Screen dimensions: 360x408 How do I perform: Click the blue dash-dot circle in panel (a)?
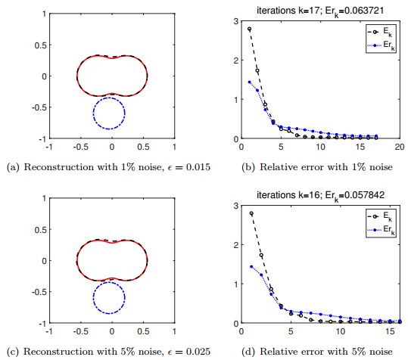click(109, 98)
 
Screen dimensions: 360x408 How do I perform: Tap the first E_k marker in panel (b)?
click(250, 29)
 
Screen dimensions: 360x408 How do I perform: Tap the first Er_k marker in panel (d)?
click(250, 266)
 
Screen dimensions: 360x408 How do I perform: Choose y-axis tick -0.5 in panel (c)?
click(36, 292)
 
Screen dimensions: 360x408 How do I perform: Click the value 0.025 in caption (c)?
click(195, 351)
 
